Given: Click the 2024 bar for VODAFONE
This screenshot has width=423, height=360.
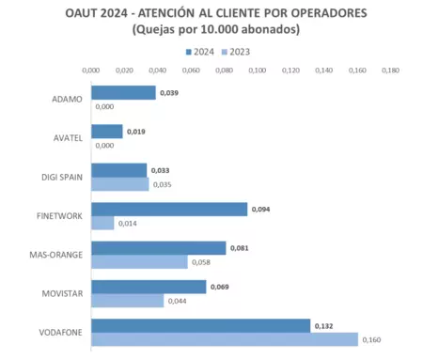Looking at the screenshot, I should (x=200, y=326).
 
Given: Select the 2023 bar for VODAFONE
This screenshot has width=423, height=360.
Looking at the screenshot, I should (x=224, y=339).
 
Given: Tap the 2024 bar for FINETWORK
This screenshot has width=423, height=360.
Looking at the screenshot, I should (x=169, y=210).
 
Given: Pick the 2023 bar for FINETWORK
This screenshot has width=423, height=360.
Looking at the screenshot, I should (x=102, y=223).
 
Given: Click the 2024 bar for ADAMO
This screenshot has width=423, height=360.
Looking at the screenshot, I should (x=123, y=93).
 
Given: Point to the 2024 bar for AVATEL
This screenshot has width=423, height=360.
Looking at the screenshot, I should (x=107, y=132).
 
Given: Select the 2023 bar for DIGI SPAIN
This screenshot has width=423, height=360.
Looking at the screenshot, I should (x=119, y=184).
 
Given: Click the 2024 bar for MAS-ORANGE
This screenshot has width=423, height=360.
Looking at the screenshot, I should (x=158, y=248).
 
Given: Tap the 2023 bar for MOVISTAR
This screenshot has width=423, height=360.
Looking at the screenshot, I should (x=127, y=301).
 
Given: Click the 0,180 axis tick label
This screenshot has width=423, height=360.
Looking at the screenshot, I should (x=391, y=70).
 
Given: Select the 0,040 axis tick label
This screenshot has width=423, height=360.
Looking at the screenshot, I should (x=158, y=70).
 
